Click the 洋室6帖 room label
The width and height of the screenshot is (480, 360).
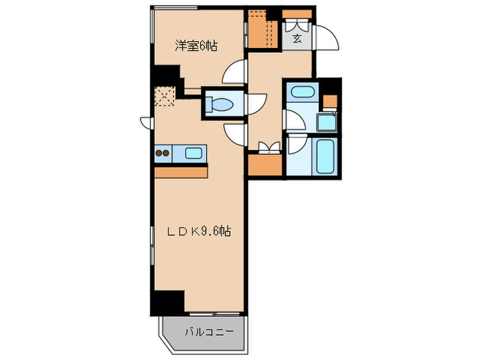[x=195, y=47]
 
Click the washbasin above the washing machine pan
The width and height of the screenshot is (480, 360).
[x=300, y=92]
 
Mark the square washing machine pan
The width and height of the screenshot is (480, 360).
[x=327, y=122]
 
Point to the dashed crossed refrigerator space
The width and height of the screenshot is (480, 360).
[x=165, y=95]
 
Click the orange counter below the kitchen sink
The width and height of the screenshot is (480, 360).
[x=181, y=172]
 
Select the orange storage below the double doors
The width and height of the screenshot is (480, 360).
[x=265, y=165]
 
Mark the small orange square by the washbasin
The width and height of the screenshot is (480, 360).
[x=330, y=101]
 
